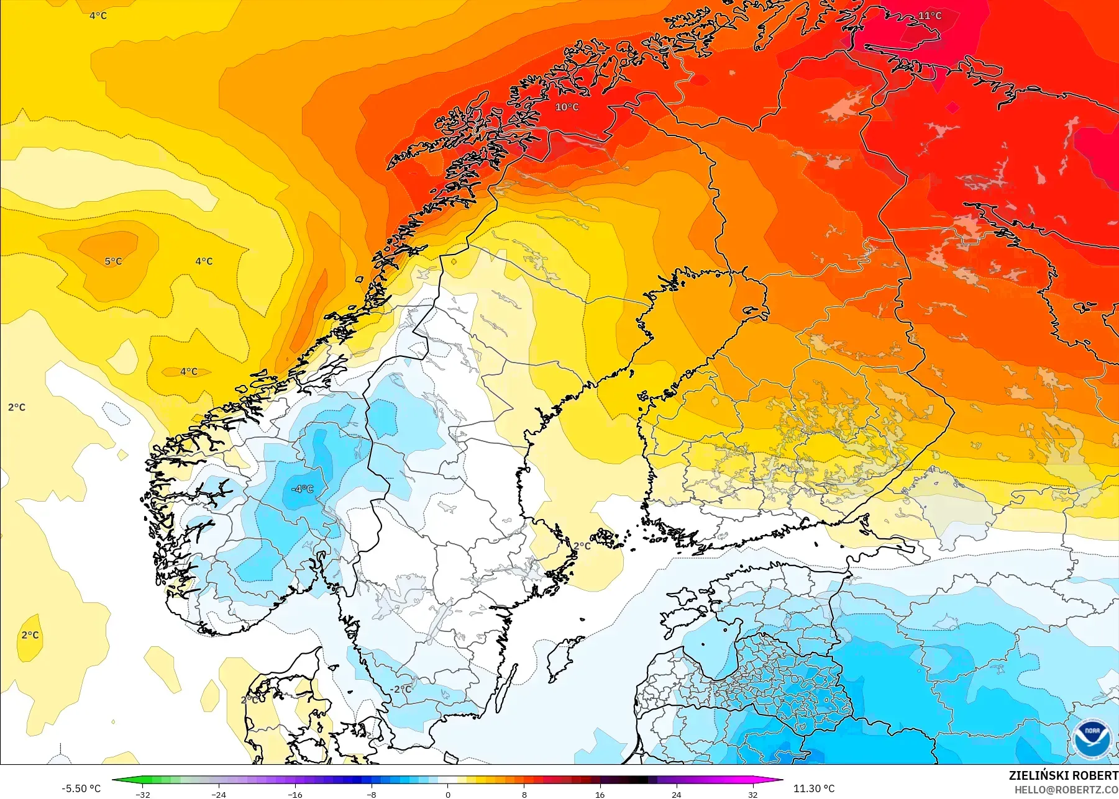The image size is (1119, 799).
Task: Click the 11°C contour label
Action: [929, 16]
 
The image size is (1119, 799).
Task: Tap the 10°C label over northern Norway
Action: [567, 107]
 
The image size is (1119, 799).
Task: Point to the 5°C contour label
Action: [113, 261]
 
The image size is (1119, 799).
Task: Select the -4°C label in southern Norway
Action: [303, 489]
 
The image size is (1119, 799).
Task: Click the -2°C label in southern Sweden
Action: [401, 689]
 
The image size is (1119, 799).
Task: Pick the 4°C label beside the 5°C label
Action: [204, 261]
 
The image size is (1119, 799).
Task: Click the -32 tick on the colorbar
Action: [143, 794]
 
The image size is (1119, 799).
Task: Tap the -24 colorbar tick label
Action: [219, 794]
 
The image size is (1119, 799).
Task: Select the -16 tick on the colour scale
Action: [295, 794]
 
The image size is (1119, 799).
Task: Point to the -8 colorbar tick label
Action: [372, 794]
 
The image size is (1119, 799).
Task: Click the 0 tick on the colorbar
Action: [448, 794]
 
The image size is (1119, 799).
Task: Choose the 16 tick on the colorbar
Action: [600, 794]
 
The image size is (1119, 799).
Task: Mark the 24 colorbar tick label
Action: [676, 794]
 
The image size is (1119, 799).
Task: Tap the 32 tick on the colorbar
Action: [752, 794]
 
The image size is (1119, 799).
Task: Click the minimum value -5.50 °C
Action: [81, 788]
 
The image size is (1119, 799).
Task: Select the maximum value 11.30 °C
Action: [814, 788]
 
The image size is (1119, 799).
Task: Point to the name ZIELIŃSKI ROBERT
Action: [1063, 775]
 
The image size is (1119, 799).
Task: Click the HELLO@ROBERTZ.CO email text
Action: [1066, 790]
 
